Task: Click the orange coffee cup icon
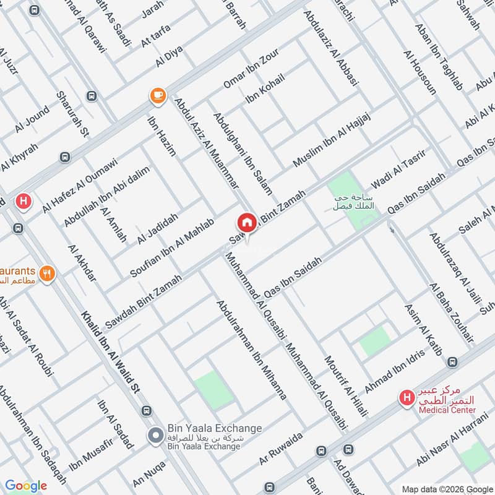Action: [158, 95]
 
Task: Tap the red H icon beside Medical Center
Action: [407, 397]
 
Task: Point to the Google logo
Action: [26, 486]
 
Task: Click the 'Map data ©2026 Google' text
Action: [448, 487]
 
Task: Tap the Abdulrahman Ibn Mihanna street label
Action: [251, 350]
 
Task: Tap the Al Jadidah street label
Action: [158, 228]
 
